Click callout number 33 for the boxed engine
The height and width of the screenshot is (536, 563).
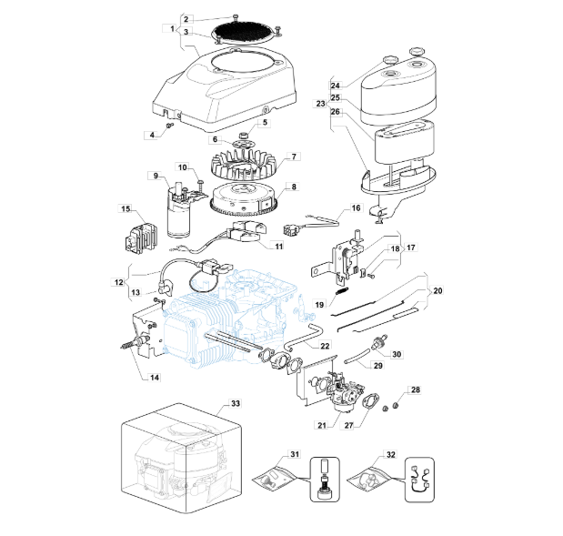coord(236,403)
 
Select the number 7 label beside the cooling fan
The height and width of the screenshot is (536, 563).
coord(294,157)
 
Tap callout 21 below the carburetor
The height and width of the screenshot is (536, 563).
coord(322,425)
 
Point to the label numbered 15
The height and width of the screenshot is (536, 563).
coord(126,208)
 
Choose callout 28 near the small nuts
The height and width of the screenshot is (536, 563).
coord(416,389)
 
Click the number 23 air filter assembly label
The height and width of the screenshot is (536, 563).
coord(321,104)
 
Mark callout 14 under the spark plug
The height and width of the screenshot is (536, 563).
coord(155,378)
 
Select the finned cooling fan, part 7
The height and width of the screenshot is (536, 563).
coord(244,166)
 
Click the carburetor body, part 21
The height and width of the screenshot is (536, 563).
coord(347,392)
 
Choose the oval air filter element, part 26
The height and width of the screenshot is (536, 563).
coord(405,142)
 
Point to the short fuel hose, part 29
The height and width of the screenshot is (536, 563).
coord(357,356)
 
